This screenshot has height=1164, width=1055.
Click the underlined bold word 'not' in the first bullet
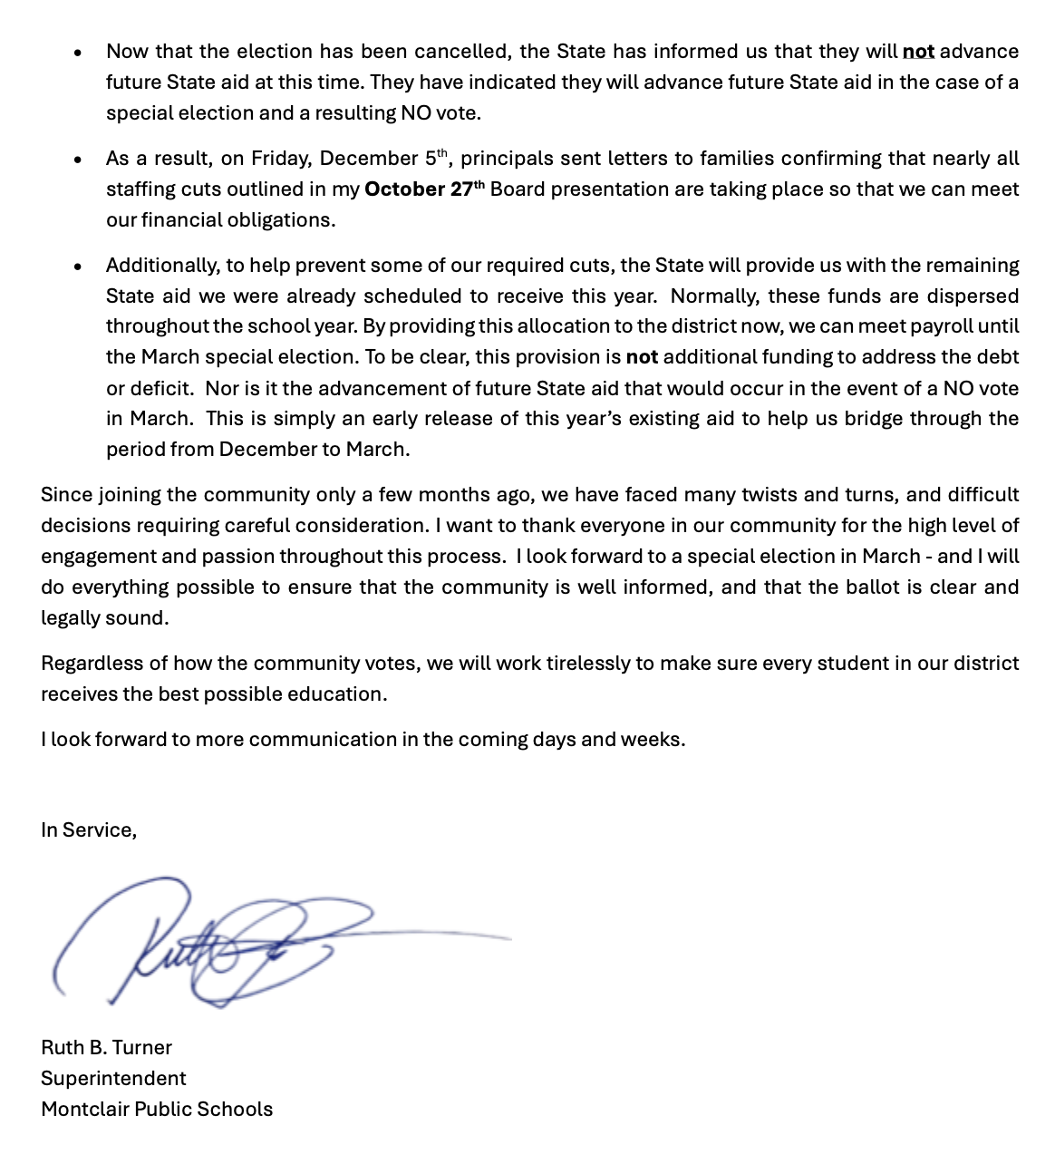coord(918,52)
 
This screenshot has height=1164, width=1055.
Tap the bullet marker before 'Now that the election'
coord(79,53)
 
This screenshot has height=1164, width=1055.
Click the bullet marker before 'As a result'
coord(79,160)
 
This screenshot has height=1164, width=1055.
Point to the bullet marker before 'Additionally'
coord(79,267)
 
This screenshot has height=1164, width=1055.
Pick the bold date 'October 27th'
coord(424,189)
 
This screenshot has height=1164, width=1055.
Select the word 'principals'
coord(507,159)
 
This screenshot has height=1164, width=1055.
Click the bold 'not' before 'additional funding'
coord(642,357)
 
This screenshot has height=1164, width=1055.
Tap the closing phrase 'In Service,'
coord(89,830)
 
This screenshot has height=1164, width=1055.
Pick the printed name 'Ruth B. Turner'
coord(106,1048)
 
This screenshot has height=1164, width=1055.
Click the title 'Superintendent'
coord(113,1079)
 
